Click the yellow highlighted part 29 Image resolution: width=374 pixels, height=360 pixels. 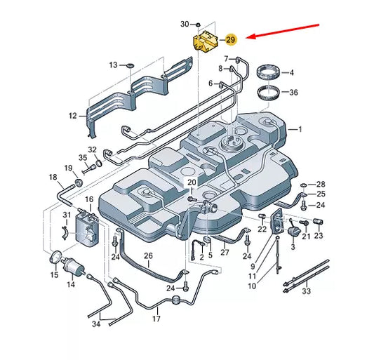coord(205,41)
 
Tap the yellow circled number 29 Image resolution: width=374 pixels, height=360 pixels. coord(230,39)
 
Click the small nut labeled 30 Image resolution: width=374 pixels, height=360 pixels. coord(198,25)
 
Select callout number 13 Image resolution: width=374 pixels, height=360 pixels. coord(114,65)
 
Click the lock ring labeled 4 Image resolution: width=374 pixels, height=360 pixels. coord(268,72)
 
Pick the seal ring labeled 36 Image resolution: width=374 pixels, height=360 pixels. coord(269,92)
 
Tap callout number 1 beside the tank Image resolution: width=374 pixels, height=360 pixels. coord(300,129)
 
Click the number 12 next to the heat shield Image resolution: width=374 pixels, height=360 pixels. coord(73,116)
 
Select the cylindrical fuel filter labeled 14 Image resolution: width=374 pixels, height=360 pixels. coord(74,266)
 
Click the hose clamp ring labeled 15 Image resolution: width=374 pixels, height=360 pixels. coord(56,257)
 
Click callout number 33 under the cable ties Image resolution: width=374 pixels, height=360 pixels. coord(307,291)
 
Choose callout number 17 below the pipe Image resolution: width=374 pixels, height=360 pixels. coord(156,319)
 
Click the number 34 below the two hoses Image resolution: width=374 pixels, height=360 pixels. coord(96,324)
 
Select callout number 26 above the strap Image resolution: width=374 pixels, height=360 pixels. coord(148,255)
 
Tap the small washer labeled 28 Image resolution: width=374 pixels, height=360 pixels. coord(304,185)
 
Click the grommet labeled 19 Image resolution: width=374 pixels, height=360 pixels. coord(79,182)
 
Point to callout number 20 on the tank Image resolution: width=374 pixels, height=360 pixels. coord(192,182)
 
